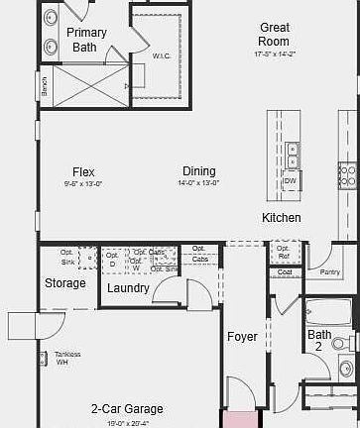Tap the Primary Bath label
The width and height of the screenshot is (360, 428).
point(86,40)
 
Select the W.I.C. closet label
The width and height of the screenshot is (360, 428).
point(161,55)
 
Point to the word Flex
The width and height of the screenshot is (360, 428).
point(83,171)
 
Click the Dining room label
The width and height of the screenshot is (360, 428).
point(198,171)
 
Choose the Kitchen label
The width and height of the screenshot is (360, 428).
point(282,218)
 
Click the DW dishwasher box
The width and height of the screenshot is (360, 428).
point(291,182)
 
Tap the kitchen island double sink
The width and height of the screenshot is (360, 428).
point(293,156)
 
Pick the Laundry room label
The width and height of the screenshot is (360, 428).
point(128,288)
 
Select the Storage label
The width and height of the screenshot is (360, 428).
point(65,284)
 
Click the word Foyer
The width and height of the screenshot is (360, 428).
point(242,337)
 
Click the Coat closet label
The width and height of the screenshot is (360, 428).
point(286,271)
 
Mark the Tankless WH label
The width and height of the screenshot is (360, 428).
point(67,358)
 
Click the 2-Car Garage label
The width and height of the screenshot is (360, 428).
point(127,408)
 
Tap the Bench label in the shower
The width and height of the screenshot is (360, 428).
point(44,87)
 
